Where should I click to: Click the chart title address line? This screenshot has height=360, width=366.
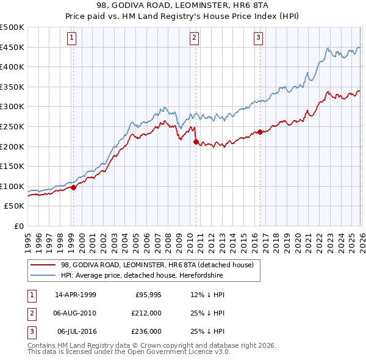tap(183, 5)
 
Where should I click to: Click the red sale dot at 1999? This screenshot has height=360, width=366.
tap(73, 188)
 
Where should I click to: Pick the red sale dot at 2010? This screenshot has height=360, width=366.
tap(196, 142)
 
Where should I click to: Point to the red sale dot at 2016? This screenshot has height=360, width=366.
tap(260, 132)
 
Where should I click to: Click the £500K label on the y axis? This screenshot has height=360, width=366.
tap(12, 27)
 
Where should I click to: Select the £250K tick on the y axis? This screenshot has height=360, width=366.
tap(12, 126)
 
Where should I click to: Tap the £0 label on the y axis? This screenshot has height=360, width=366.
tap(18, 226)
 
